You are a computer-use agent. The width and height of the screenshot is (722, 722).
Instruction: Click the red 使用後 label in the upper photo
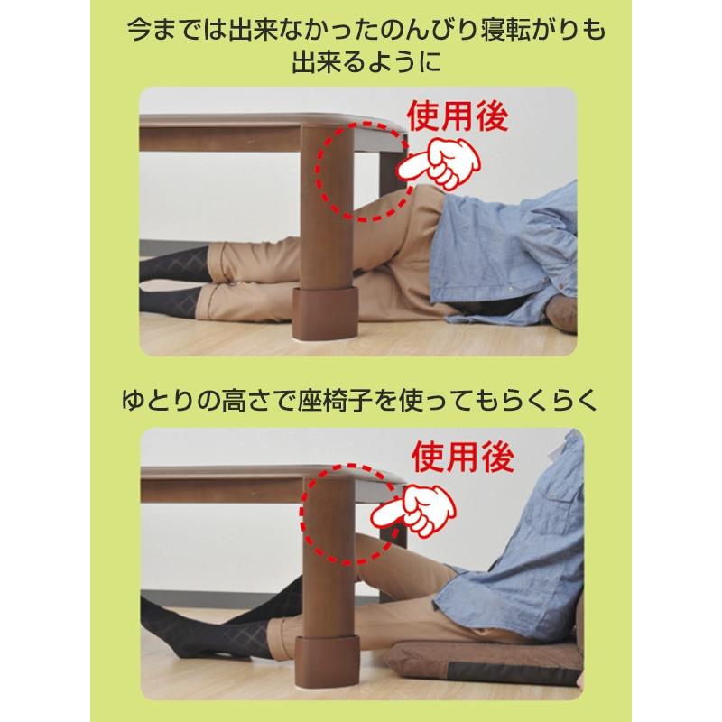pyautogui.click(x=458, y=118)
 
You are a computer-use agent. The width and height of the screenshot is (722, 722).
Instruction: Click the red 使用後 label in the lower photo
pyautogui.click(x=462, y=458)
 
